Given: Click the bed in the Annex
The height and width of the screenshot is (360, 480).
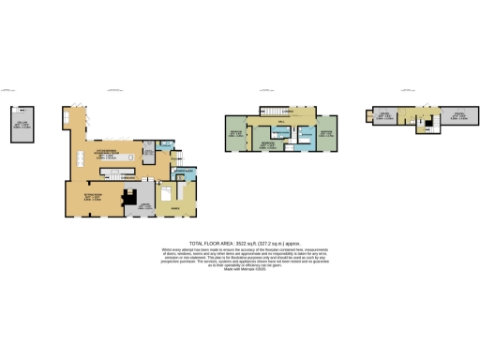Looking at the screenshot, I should coord(165,194).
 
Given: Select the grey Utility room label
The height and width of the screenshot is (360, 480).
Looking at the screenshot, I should coord(148,150).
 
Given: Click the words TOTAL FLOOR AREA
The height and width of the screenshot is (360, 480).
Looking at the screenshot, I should coord(208,242).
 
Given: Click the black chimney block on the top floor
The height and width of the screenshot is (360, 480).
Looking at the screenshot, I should coord(427,121).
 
